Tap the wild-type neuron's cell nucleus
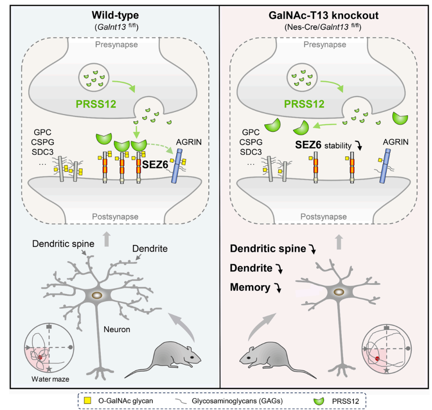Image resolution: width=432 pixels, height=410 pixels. point(98,296)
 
